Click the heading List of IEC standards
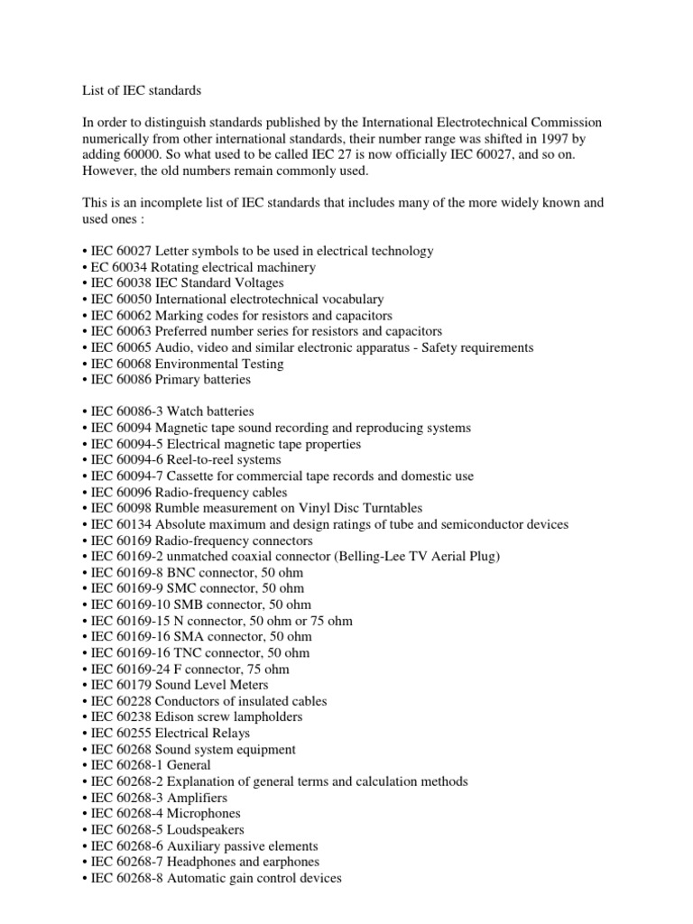[131, 90]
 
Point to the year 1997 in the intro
[497, 138]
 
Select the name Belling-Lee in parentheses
[369, 557]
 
